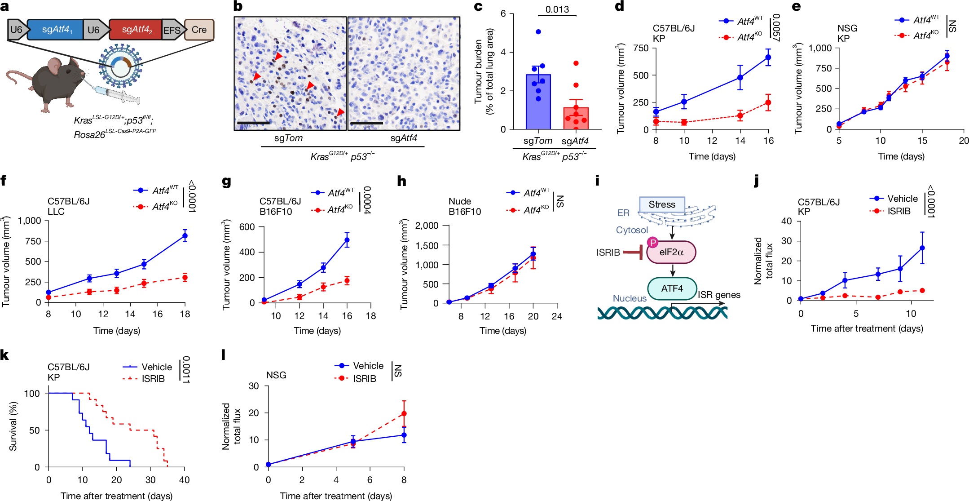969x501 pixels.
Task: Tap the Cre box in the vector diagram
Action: click(199, 30)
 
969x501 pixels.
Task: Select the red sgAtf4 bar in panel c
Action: click(576, 118)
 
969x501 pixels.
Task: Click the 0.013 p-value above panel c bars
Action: click(557, 9)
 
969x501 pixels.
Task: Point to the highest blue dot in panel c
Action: click(538, 32)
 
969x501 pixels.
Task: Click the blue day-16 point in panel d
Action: click(768, 57)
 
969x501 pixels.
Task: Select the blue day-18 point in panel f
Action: click(185, 235)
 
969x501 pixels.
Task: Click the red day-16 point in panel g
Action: click(347, 281)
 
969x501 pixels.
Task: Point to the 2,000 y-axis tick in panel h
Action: click(427, 226)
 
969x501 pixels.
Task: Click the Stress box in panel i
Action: click(662, 204)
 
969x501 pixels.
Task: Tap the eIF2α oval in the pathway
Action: click(671, 252)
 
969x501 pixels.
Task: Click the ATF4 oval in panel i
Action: click(672, 288)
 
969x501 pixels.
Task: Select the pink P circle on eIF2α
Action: click(652, 243)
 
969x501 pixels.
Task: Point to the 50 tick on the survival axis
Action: click(34, 430)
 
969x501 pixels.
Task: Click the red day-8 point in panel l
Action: click(404, 413)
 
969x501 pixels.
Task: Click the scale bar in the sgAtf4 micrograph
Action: click(366, 123)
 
